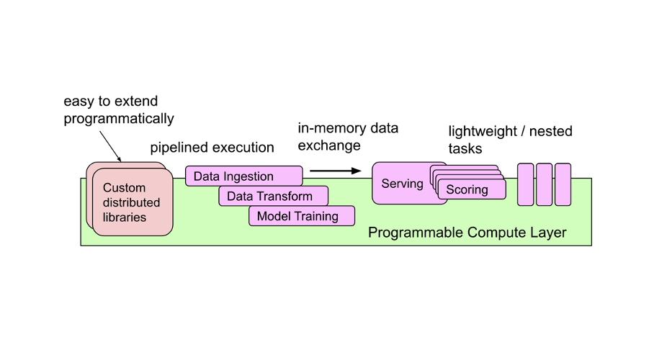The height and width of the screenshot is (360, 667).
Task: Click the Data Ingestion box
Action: (x=243, y=176)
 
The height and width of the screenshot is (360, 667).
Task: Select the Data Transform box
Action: (x=273, y=196)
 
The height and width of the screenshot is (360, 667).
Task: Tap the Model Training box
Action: (x=301, y=216)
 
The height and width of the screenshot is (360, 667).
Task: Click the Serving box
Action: (x=401, y=184)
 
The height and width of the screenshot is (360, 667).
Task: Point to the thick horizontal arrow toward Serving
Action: (x=335, y=171)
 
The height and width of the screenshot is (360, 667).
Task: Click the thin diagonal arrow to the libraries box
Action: (x=110, y=146)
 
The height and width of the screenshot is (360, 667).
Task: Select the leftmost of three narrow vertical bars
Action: (x=525, y=184)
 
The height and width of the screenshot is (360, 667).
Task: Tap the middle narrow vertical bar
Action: (x=544, y=184)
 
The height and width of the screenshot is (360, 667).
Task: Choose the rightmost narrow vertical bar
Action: (x=563, y=184)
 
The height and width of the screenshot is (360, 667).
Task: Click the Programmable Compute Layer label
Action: (x=467, y=233)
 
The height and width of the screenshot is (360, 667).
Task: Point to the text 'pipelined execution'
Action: (x=212, y=148)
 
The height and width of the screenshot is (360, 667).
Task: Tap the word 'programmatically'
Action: (x=119, y=118)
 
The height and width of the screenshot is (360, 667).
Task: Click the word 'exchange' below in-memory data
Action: (x=328, y=145)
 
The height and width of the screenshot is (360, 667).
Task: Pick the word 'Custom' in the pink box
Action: (x=124, y=188)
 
